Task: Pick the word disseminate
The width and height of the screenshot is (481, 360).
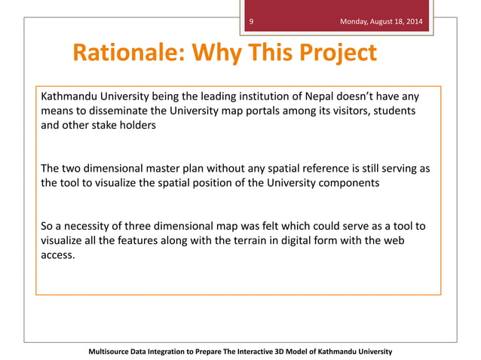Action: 109,111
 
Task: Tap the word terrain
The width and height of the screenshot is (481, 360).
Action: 240,240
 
